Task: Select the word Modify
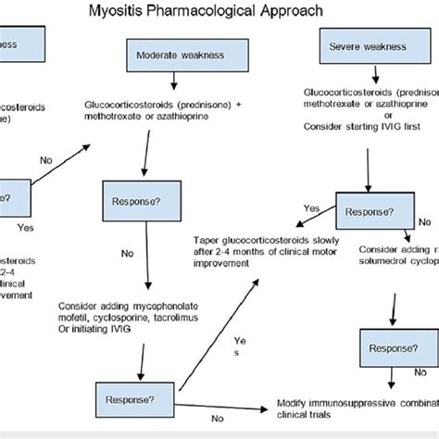tap(295, 406)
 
